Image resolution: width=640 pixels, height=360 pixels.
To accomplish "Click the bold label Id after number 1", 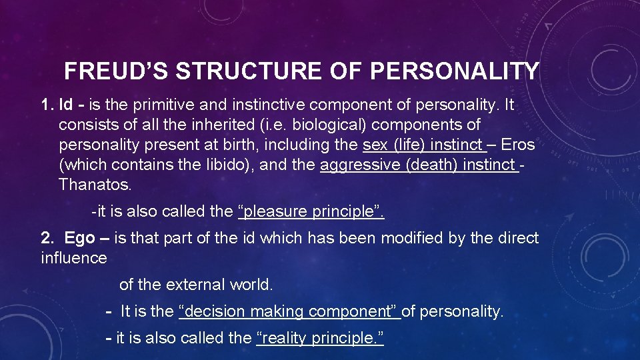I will point(66,105).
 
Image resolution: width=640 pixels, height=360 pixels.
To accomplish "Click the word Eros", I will point(518,145).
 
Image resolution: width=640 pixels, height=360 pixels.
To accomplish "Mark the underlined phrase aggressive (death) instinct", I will point(418,165).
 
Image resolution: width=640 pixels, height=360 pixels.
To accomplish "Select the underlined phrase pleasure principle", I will point(311,213).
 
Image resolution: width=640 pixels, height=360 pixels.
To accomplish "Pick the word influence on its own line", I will point(73,257).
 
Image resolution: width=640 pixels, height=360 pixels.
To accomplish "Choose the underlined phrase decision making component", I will point(289,311).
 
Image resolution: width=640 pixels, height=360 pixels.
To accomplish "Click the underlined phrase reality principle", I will point(320,338).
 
